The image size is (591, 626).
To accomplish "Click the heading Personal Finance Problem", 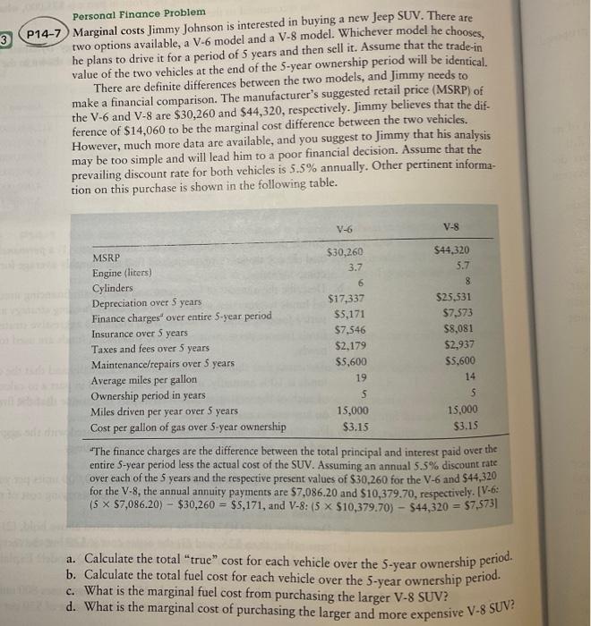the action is coord(139,15).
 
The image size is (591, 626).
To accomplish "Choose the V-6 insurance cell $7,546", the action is coord(346,330).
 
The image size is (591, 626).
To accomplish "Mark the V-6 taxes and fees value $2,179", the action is coord(346,346).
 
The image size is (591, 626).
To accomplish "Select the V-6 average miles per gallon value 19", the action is coord(355,377).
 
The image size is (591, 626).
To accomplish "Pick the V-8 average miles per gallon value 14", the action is coord(484,376).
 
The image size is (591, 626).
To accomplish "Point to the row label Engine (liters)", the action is coord(122,273).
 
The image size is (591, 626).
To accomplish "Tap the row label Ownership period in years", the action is coord(149,396).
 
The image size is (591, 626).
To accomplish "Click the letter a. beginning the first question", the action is coord(74,562).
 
